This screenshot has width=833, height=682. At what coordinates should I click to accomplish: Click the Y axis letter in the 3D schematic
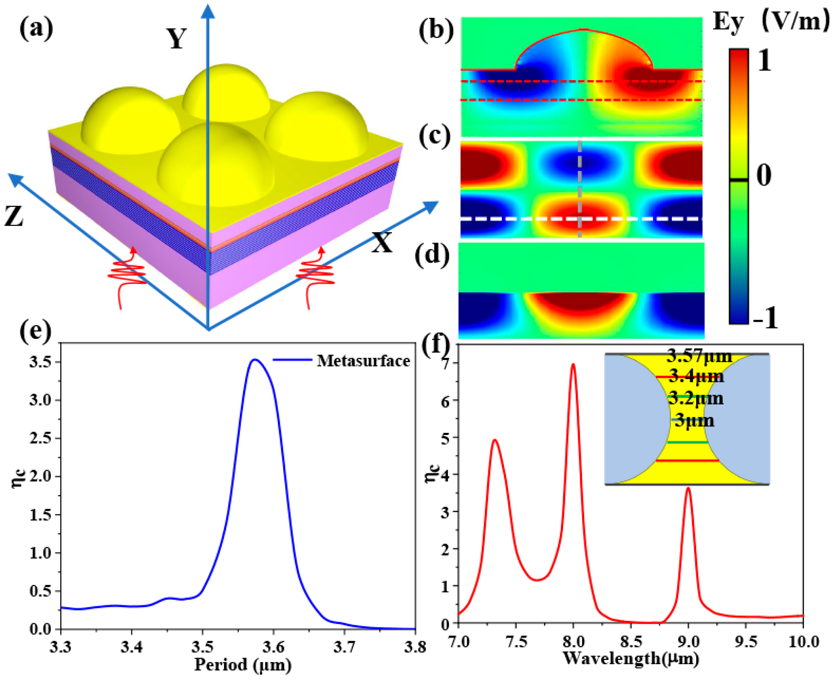click(177, 39)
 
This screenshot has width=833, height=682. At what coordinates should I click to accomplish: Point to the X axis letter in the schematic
click(382, 242)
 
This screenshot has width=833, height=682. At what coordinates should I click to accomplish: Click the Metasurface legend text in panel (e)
click(363, 361)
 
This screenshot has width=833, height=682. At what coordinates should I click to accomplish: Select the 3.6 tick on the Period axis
click(273, 646)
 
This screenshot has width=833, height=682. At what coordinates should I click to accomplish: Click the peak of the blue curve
click(255, 360)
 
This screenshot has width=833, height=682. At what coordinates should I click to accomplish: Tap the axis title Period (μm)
click(243, 665)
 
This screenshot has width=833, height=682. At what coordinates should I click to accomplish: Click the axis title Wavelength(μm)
click(631, 658)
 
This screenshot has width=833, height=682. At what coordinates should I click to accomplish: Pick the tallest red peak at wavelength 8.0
click(573, 365)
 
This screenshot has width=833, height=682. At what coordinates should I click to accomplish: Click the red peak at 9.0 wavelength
click(688, 489)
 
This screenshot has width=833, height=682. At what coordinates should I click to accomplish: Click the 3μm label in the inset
click(695, 421)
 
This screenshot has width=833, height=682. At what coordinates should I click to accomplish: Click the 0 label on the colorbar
click(764, 175)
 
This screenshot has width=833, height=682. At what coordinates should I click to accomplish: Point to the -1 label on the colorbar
click(765, 317)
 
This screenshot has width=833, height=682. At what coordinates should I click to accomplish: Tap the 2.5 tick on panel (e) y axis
click(40, 438)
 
